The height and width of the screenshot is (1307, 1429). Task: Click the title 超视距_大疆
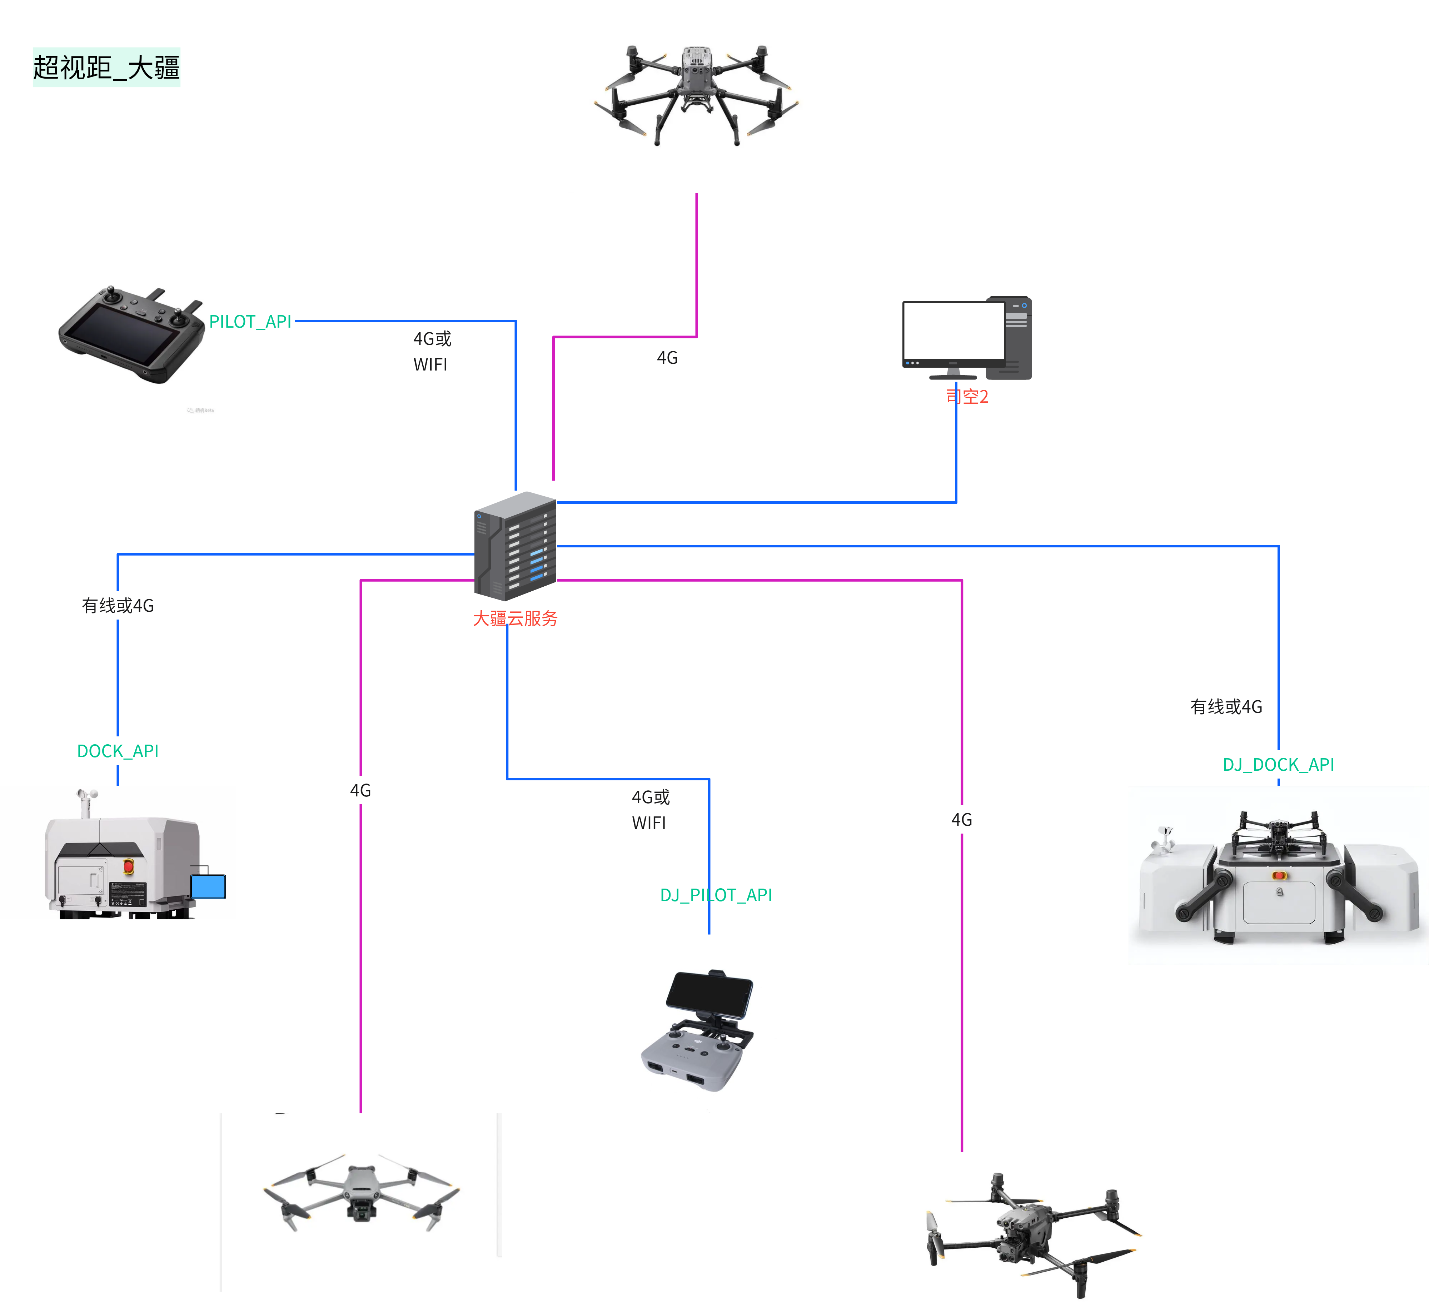point(106,67)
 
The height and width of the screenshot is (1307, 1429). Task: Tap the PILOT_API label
point(250,322)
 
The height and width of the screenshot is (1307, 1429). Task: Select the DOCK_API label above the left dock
point(118,751)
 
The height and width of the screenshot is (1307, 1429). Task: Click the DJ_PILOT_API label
point(716,895)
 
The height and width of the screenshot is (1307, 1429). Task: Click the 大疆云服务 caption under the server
point(515,619)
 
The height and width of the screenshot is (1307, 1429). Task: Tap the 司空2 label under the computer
point(967,396)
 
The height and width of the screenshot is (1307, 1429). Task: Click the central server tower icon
point(515,546)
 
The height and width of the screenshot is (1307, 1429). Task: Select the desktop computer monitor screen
point(954,330)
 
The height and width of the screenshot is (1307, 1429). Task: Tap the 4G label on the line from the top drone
point(667,358)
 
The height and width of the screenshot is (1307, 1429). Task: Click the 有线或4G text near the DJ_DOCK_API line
point(1226,707)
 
